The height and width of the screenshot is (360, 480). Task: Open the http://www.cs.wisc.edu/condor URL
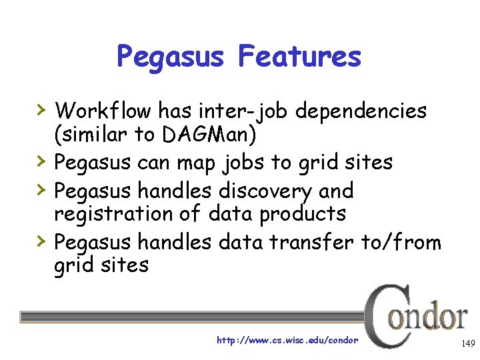tap(287, 341)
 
